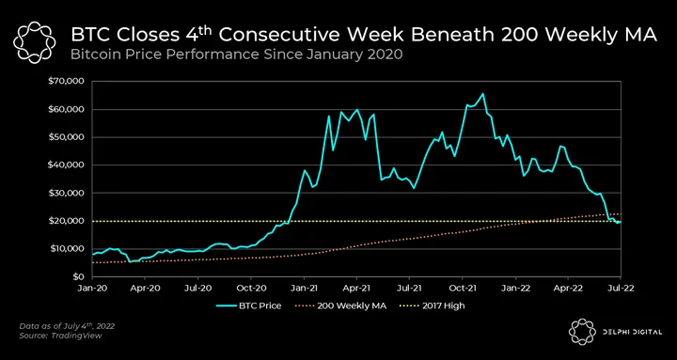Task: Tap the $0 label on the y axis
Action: tap(78, 276)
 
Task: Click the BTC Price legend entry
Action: tap(248, 306)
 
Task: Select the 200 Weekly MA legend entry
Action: tap(340, 306)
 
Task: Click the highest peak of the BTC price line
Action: tap(482, 94)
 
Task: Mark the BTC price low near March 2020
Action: tap(130, 261)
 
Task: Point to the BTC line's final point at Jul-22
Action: tap(621, 222)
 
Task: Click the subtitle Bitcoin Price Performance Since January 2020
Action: tap(237, 55)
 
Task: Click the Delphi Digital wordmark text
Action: tap(632, 332)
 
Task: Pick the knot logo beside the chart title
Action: tap(35, 42)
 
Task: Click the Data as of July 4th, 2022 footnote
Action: tap(67, 326)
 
